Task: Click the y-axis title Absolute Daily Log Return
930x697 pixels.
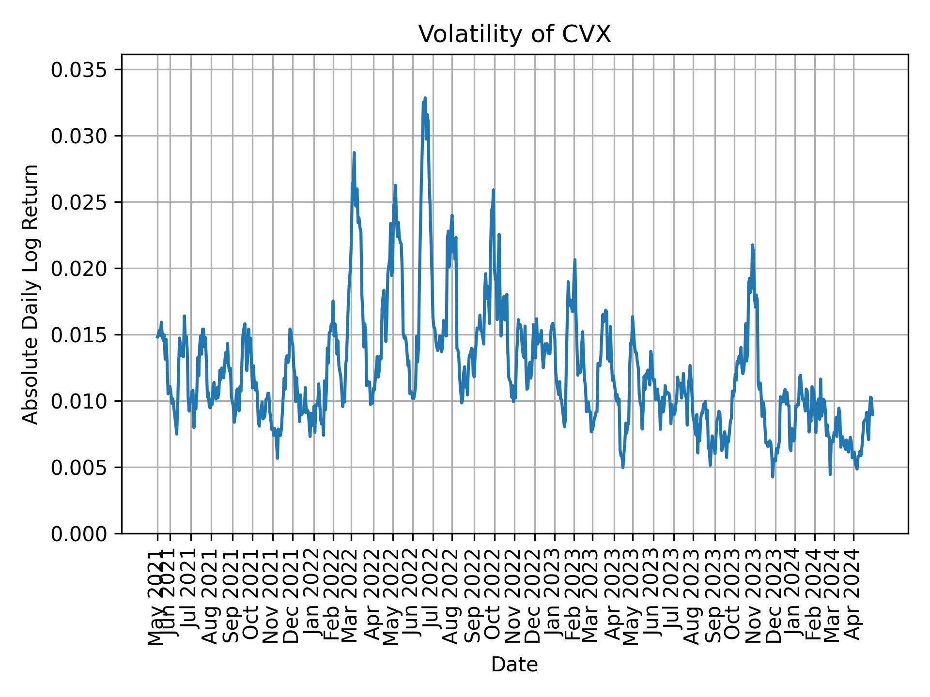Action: (31, 294)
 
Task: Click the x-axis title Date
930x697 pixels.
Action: (514, 665)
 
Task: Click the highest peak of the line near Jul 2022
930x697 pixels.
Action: (425, 98)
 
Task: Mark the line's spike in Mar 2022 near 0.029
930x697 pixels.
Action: (354, 153)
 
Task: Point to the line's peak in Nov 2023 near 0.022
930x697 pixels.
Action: (752, 245)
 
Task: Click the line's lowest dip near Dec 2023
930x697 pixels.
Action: (773, 477)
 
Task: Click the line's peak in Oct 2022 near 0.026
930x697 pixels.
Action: (493, 190)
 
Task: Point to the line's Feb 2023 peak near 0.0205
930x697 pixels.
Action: (575, 260)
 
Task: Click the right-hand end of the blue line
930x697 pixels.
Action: (872, 415)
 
